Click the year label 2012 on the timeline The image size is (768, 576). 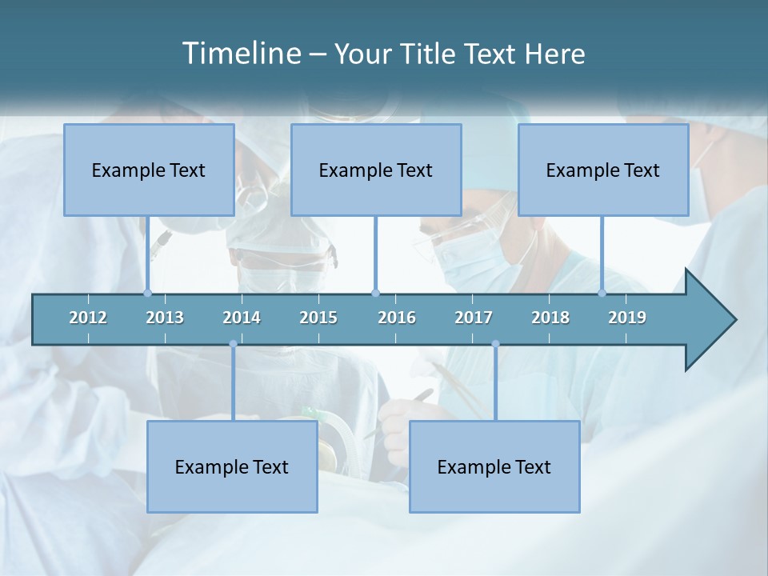[x=88, y=318]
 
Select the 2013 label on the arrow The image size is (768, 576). [x=165, y=318]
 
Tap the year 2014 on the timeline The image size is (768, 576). [x=242, y=318]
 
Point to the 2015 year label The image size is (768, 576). [x=318, y=318]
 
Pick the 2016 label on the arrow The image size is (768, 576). [x=397, y=318]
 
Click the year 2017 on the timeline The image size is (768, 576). [x=474, y=318]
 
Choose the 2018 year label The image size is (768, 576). [x=550, y=318]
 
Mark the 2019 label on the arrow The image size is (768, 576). [x=627, y=318]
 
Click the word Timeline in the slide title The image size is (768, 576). [x=240, y=54]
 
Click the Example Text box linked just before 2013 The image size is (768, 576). [x=149, y=170]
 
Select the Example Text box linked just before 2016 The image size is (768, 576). [x=376, y=170]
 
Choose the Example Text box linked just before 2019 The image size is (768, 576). [x=603, y=170]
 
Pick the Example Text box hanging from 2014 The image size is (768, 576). [x=232, y=466]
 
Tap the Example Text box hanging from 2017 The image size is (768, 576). [x=494, y=466]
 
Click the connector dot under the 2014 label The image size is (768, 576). [x=233, y=344]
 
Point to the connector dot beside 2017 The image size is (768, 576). [x=495, y=344]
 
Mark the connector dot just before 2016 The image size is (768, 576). [x=375, y=293]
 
